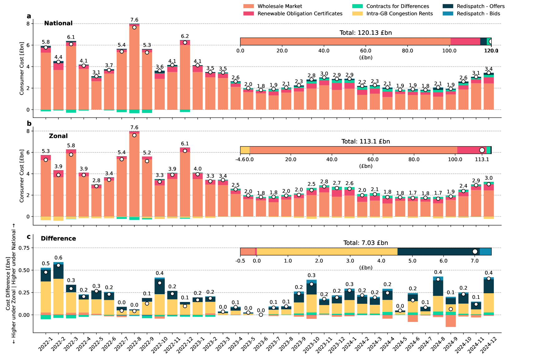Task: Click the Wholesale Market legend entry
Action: click(280, 6)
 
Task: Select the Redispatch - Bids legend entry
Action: click(478, 14)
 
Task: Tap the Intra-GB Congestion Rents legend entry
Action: click(399, 14)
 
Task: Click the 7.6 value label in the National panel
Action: click(134, 20)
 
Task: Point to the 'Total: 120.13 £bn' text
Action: click(366, 33)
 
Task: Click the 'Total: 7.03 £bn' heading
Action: click(366, 243)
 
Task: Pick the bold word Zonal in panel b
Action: click(58, 136)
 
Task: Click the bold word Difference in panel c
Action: click(58, 238)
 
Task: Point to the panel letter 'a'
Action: click(29, 16)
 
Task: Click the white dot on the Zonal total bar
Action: click(482, 150)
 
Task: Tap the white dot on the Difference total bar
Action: click(475, 251)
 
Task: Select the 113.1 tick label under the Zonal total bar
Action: click(482, 159)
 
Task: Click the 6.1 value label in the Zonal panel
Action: click(185, 144)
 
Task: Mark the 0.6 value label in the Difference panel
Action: click(58, 258)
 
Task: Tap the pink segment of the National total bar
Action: click(465, 41)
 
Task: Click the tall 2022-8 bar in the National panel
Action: click(134, 69)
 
